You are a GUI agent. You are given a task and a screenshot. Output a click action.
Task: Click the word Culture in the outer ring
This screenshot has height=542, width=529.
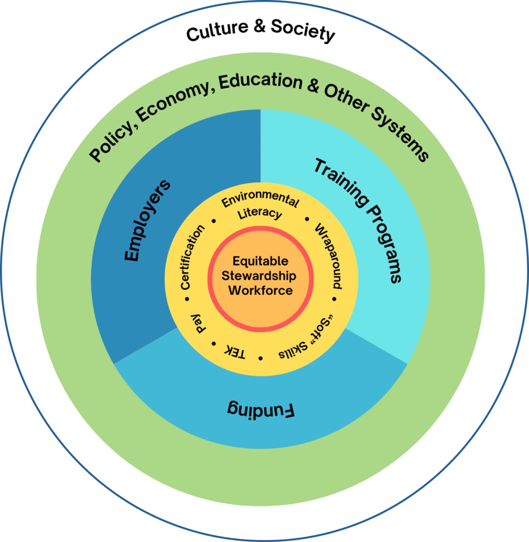(218, 30)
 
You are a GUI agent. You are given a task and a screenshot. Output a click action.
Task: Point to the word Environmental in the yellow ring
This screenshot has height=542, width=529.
(260, 199)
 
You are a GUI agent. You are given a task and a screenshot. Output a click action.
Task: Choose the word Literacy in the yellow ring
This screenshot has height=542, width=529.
(260, 214)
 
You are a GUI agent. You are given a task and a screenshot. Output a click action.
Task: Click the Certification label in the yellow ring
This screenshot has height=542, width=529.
(192, 257)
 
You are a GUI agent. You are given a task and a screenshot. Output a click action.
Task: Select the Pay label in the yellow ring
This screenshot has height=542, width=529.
(199, 324)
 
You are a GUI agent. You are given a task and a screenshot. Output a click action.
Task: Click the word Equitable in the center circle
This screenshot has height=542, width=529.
(260, 261)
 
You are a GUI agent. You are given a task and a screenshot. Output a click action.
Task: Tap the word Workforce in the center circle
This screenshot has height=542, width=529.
(260, 290)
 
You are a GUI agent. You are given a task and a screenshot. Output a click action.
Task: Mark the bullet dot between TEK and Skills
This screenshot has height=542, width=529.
(260, 358)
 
